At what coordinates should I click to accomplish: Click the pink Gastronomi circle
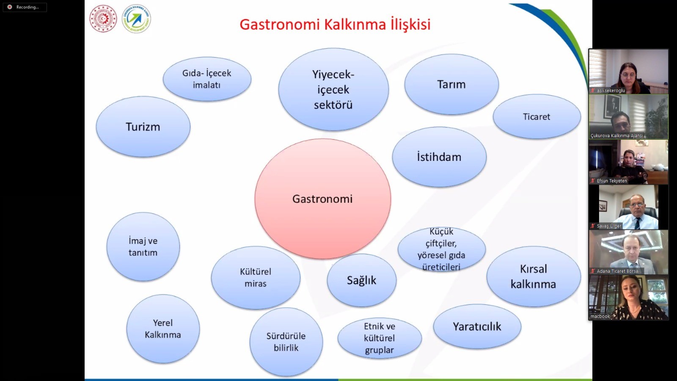click(x=322, y=199)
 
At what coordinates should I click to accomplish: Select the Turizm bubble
click(x=143, y=127)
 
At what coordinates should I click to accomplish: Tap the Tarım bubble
click(x=451, y=84)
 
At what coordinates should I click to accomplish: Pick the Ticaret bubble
click(x=537, y=117)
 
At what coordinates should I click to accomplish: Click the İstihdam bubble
click(x=439, y=157)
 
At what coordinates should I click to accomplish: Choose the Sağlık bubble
click(x=361, y=280)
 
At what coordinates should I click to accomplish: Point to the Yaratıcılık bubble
click(x=477, y=326)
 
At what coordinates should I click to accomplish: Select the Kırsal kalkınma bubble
click(x=534, y=276)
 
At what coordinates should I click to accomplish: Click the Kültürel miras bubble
click(x=256, y=278)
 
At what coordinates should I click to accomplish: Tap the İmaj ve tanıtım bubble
click(x=143, y=247)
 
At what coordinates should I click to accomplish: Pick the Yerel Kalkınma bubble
click(x=163, y=329)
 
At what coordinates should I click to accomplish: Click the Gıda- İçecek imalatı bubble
click(x=207, y=79)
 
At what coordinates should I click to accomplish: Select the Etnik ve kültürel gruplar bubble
click(x=380, y=338)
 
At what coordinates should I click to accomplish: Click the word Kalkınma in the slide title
click(x=355, y=25)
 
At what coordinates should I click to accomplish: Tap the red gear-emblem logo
click(x=103, y=19)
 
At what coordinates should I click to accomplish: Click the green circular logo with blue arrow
click(x=136, y=19)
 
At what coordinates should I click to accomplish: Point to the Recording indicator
click(x=25, y=7)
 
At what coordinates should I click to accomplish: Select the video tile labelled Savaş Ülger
click(x=628, y=207)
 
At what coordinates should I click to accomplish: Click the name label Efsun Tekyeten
click(x=612, y=181)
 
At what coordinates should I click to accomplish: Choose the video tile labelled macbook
click(x=628, y=298)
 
